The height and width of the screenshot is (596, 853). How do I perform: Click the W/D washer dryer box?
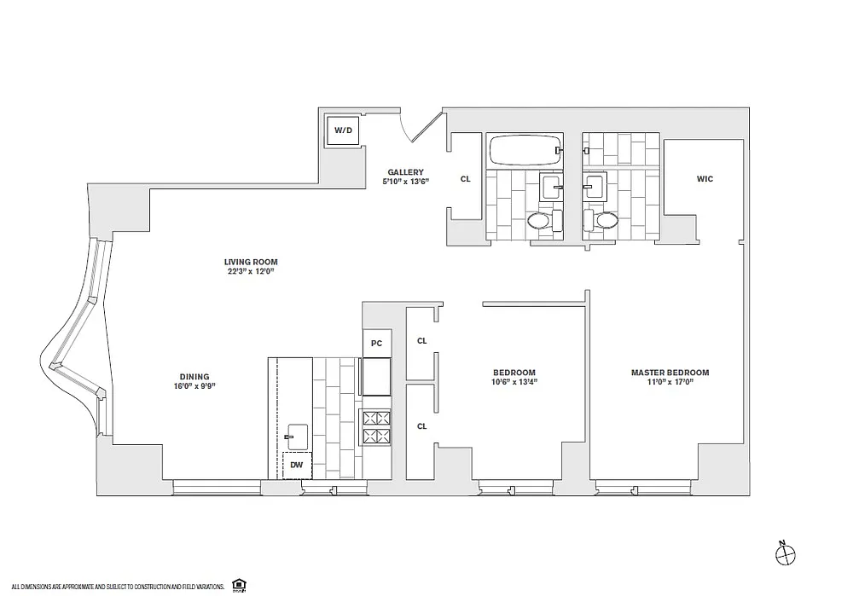(x=343, y=130)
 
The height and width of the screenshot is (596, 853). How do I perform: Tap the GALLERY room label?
(x=405, y=172)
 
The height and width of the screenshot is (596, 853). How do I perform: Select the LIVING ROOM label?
(x=251, y=262)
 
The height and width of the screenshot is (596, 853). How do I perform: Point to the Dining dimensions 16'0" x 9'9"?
(x=194, y=386)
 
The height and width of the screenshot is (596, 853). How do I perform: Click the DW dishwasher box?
(x=297, y=466)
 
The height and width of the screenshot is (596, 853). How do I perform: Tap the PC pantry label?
(x=376, y=343)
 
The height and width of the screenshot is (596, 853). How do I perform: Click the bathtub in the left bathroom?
(x=525, y=150)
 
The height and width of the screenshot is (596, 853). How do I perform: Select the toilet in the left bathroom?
(x=545, y=220)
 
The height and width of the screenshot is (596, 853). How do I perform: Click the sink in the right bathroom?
(x=595, y=187)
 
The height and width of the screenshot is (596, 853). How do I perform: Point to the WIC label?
(x=705, y=179)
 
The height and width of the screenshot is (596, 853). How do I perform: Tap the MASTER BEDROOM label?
(x=670, y=373)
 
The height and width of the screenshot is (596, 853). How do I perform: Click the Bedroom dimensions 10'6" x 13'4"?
(x=514, y=382)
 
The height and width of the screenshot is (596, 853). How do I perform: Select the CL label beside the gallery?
(x=465, y=179)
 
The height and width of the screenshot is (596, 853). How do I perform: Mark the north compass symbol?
(x=785, y=555)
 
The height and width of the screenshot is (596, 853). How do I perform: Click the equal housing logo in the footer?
(x=238, y=585)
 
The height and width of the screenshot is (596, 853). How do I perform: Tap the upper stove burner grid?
(x=376, y=418)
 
